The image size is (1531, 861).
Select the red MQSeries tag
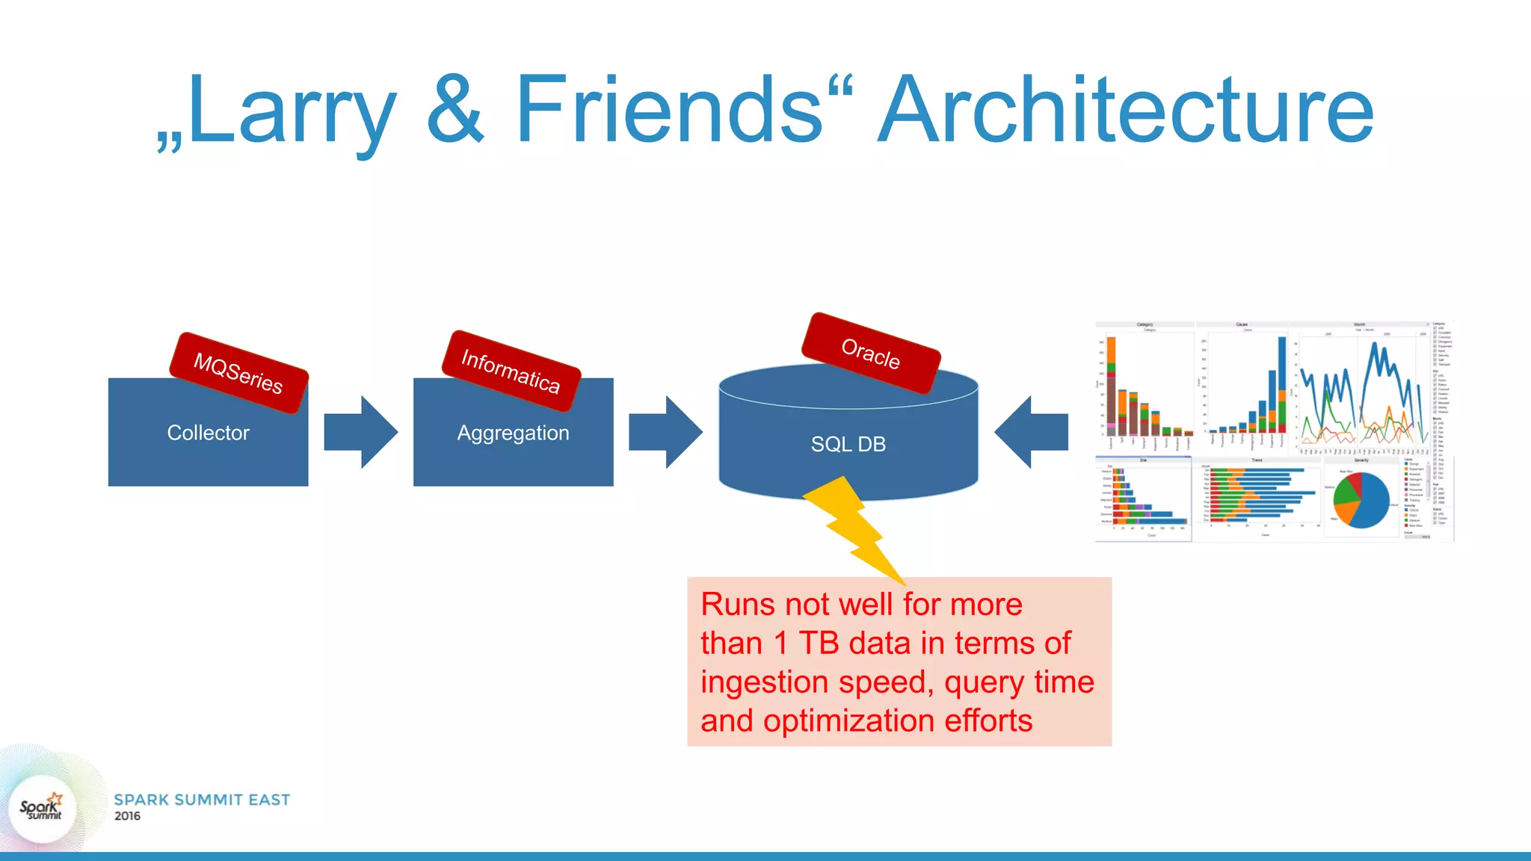(238, 373)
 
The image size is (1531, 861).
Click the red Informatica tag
(511, 371)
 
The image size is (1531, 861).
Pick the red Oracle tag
(870, 353)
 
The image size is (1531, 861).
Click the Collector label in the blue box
(208, 433)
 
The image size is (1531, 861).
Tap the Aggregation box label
(513, 433)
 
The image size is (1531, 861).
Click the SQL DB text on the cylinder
(848, 444)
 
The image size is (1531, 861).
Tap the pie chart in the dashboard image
(1361, 499)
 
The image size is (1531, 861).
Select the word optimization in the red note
(848, 721)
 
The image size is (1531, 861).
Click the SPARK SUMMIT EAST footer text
(202, 800)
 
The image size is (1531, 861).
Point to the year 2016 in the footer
(127, 816)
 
